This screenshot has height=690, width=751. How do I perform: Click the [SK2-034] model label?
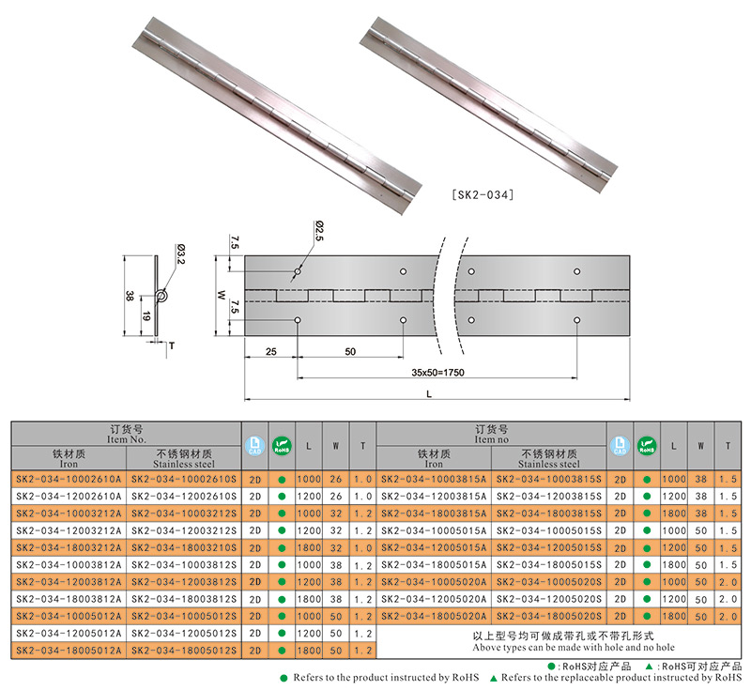tap(483, 195)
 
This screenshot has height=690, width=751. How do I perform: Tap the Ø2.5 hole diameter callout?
tap(319, 231)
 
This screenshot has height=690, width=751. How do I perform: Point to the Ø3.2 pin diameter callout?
tap(180, 254)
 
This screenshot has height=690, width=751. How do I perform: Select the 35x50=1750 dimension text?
tap(437, 372)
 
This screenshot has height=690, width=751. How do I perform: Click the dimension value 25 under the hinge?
tap(271, 351)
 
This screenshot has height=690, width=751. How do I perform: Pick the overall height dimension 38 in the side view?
tap(129, 296)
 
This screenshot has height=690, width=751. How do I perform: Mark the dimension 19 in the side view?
tap(146, 316)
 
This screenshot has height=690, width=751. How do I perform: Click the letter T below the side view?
tap(172, 345)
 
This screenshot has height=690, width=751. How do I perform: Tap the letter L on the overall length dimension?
tap(429, 394)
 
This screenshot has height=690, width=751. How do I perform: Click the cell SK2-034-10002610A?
tap(69, 479)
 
